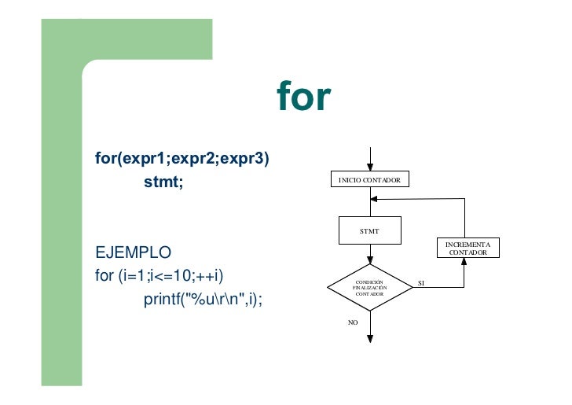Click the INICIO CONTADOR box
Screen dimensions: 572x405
369,181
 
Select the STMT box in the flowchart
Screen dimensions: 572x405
369,231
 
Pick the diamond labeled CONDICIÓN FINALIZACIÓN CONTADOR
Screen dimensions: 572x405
369,288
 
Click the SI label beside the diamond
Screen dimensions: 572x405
420,282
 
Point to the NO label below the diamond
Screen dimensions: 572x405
353,322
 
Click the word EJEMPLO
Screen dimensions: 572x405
133,254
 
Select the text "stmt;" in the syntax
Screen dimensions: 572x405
163,182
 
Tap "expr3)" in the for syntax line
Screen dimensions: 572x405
244,159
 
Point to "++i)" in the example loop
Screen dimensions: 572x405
210,276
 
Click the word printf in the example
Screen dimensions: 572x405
159,300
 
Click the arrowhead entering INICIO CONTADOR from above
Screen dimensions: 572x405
369,166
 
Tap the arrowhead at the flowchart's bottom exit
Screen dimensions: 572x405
369,338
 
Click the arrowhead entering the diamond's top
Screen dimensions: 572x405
369,262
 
